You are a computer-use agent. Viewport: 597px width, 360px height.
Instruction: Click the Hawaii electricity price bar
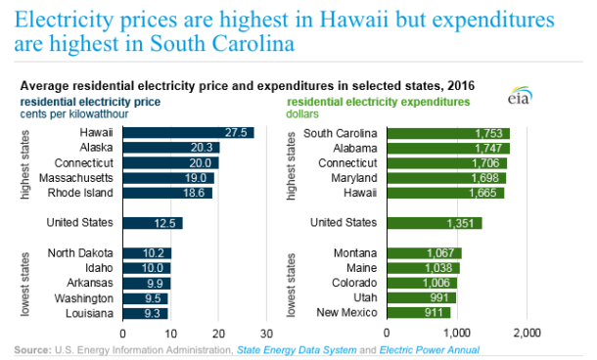pyautogui.click(x=188, y=133)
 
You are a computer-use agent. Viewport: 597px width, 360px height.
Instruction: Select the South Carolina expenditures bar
pyautogui.click(x=448, y=133)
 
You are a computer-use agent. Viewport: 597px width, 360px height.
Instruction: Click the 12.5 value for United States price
pyautogui.click(x=168, y=223)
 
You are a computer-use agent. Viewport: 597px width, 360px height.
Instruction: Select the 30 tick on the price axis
pyautogui.click(x=266, y=334)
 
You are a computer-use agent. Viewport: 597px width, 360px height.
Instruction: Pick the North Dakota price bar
pyautogui.click(x=147, y=253)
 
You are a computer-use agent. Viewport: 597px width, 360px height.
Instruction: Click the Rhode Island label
pyautogui.click(x=84, y=193)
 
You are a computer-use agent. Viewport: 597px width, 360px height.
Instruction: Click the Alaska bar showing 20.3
pyautogui.click(x=170, y=148)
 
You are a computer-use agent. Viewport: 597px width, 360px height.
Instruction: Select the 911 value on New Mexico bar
pyautogui.click(x=435, y=312)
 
